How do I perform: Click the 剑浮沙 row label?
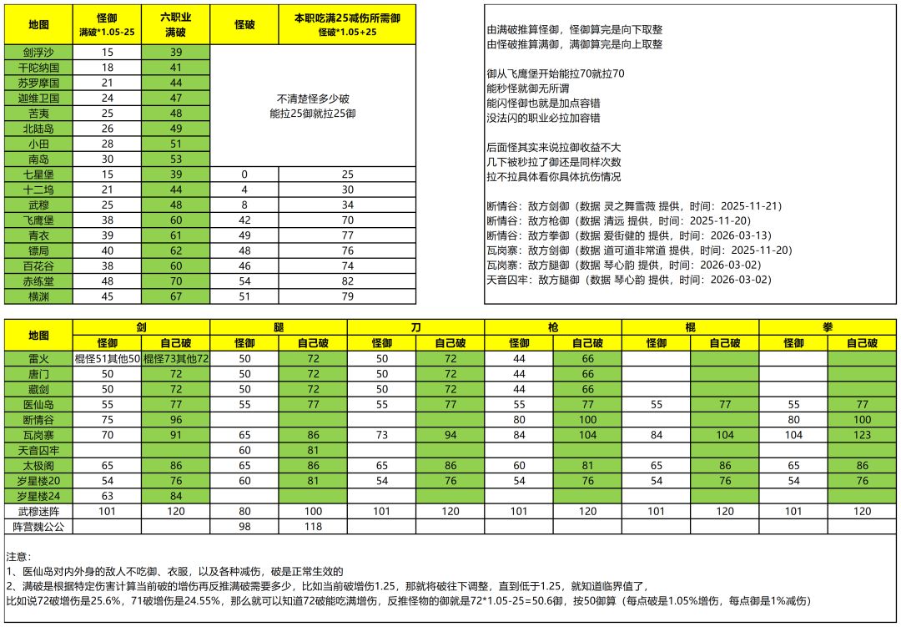tap(39, 52)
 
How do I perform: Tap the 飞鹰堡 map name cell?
tap(39, 220)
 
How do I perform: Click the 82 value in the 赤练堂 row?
tap(347, 281)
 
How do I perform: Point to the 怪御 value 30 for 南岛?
tap(107, 159)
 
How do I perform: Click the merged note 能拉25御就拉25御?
tap(313, 113)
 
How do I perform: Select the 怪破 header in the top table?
tap(245, 25)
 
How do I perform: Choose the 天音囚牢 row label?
tap(39, 450)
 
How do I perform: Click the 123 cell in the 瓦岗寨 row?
tap(862, 435)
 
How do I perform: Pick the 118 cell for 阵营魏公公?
tap(313, 527)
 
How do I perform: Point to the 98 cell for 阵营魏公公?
tap(244, 527)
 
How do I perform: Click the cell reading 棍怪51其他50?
tap(107, 358)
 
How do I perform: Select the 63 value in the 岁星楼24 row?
tap(107, 496)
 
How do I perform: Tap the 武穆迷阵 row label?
tap(39, 511)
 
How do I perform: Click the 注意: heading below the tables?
tap(18, 556)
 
